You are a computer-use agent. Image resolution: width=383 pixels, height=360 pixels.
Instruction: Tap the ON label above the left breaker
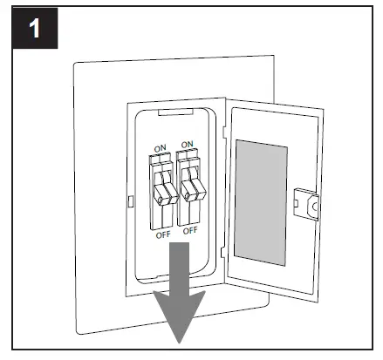point(159,147)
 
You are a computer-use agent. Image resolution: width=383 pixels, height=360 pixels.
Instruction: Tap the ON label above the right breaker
point(186,145)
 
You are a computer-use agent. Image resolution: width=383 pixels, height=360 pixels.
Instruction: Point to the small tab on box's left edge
point(130,200)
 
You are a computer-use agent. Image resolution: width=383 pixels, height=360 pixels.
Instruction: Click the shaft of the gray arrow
point(180,266)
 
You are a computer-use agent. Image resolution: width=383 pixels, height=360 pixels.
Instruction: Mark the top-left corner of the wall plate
point(75,63)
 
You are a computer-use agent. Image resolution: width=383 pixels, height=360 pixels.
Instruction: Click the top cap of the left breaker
point(159,160)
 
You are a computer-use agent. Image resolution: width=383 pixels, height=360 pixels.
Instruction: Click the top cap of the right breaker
point(186,159)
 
